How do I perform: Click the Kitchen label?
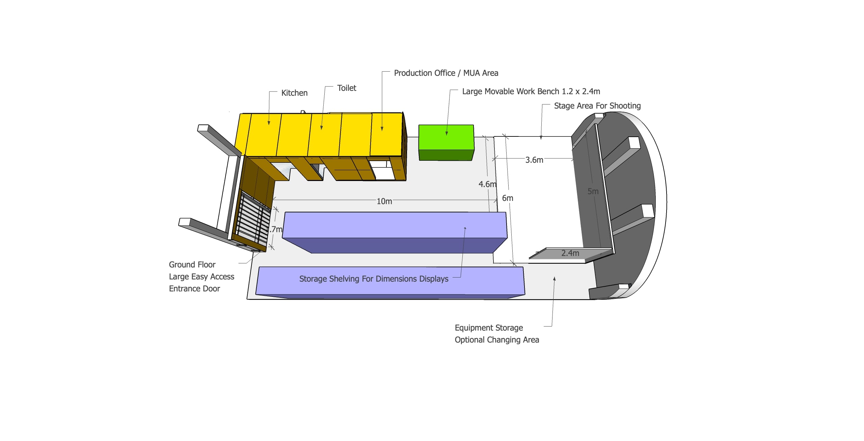pyautogui.click(x=294, y=93)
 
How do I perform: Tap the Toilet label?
pyautogui.click(x=347, y=88)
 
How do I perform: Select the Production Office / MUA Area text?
pyautogui.click(x=446, y=73)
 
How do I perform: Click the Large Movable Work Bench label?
pyautogui.click(x=531, y=91)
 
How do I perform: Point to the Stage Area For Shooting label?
pyautogui.click(x=597, y=106)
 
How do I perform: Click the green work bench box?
pyautogui.click(x=446, y=142)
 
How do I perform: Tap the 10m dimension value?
pyautogui.click(x=384, y=201)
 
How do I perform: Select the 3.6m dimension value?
pyautogui.click(x=534, y=160)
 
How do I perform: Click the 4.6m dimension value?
pyautogui.click(x=487, y=184)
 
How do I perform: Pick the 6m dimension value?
pyautogui.click(x=508, y=198)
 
